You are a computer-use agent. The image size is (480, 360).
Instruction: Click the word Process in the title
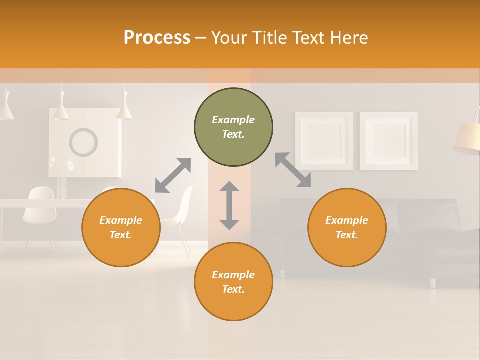point(157,38)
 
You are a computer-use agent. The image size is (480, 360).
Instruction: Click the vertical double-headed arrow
point(229,205)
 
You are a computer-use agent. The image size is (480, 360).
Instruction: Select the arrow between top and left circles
point(173,175)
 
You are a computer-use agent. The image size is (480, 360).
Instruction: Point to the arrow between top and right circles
point(293,170)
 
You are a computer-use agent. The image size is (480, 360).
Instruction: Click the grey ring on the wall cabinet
point(83,142)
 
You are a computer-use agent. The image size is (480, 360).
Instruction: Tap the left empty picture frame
point(324,141)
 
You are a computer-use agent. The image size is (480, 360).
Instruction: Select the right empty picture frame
point(389,141)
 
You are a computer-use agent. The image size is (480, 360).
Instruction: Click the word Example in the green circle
point(233,120)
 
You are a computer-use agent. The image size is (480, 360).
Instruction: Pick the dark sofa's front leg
point(433,283)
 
